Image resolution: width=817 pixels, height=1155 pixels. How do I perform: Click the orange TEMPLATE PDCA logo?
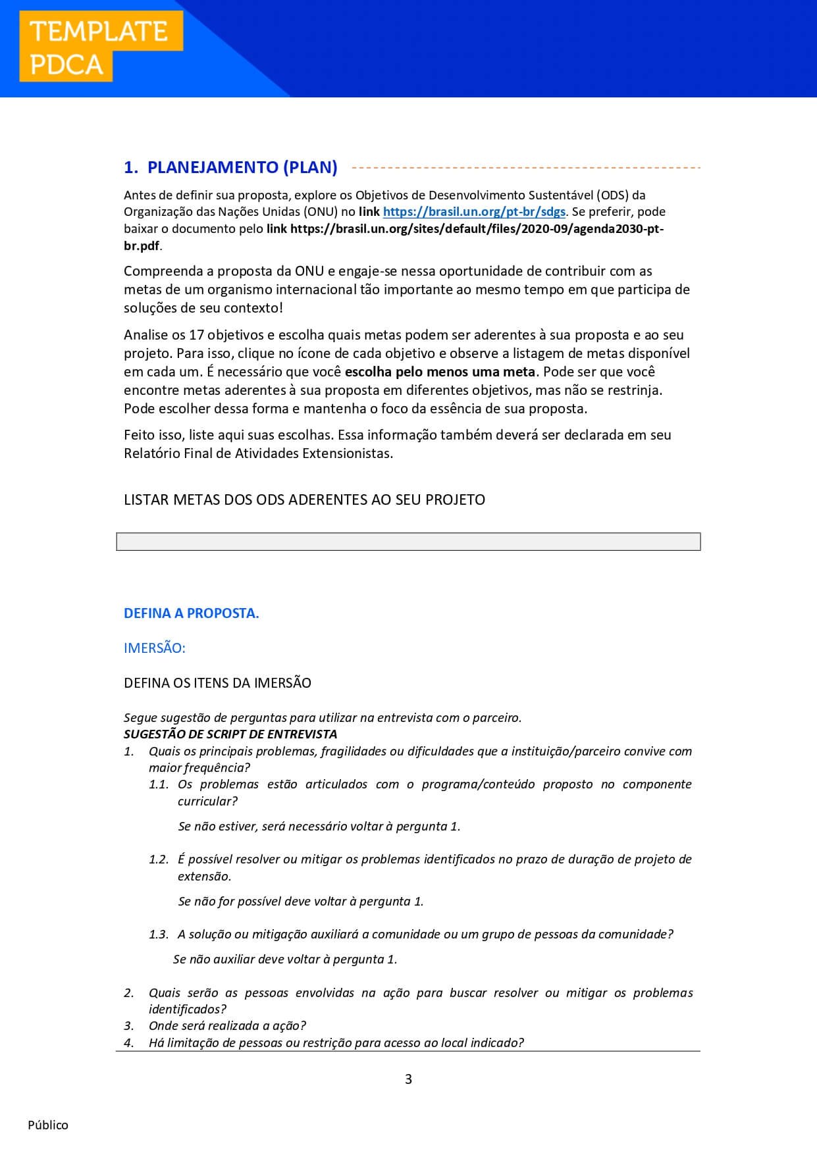tap(101, 47)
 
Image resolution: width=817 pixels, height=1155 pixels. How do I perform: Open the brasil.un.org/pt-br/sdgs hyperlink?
tap(474, 212)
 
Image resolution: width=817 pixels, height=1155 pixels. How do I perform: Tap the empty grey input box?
tap(408, 542)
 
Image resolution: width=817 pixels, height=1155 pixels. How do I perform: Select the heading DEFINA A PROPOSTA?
tap(191, 613)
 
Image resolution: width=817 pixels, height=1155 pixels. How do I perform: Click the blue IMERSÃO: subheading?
tap(155, 648)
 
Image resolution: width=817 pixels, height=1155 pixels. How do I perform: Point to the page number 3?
tap(408, 1079)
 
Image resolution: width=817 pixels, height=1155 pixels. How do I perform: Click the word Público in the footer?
tap(48, 1125)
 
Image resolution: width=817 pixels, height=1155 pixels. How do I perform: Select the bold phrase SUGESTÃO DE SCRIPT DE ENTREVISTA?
tap(230, 734)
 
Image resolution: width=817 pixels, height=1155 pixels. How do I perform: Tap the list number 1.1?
tap(159, 784)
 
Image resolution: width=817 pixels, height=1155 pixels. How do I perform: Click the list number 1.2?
tap(159, 860)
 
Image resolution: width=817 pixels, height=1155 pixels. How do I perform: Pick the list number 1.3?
tap(159, 935)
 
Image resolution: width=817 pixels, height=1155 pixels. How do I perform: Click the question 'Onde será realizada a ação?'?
tap(227, 1026)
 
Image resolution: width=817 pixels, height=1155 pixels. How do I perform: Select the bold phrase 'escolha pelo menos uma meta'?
tap(440, 372)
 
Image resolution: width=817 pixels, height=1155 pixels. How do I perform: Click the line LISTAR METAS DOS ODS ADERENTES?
tap(304, 500)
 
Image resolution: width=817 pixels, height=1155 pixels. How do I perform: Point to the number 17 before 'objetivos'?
tap(196, 335)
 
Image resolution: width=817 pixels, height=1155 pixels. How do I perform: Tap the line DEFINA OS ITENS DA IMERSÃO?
tap(217, 683)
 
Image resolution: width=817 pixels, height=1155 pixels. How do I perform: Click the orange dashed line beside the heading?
tap(527, 168)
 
